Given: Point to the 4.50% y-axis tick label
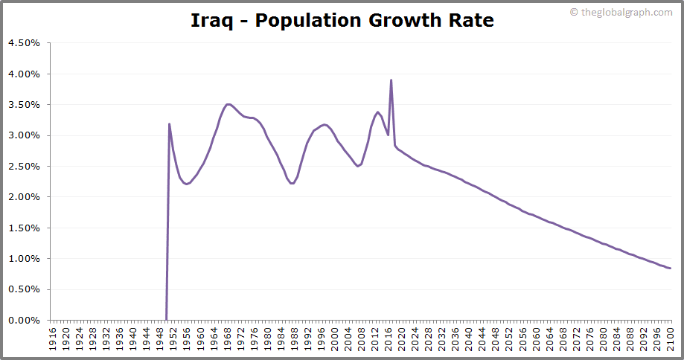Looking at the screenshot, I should [25, 43].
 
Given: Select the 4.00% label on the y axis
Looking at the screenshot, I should [25, 74].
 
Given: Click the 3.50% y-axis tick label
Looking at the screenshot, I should [25, 105].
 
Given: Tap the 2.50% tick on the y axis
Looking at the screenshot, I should [25, 167].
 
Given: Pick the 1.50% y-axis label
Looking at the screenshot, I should [25, 228].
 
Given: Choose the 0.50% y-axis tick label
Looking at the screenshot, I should [25, 289].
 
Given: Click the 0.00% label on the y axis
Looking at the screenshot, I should [25, 321].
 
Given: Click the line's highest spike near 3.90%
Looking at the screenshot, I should [391, 80].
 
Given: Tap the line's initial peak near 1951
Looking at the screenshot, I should [170, 124].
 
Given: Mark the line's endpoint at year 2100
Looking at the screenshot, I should [671, 269].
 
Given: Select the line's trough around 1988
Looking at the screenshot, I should [293, 183].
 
